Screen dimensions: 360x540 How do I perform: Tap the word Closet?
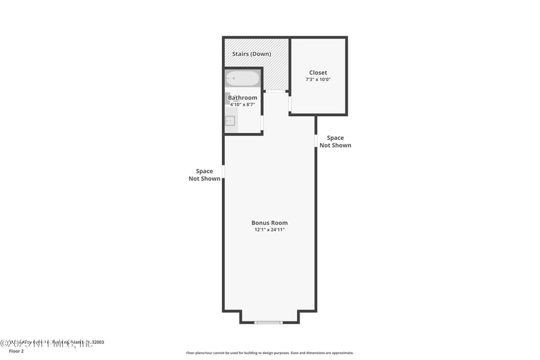coord(318,72)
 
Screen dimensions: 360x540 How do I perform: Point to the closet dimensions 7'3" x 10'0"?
coord(318,80)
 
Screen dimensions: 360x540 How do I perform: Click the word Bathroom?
coord(242,98)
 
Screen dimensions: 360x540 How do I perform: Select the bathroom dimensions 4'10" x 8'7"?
coord(242,105)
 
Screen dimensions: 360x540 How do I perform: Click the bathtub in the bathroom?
coord(242,78)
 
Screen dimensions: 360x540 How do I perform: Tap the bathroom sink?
coord(230,122)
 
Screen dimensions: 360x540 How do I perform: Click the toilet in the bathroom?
coord(228,99)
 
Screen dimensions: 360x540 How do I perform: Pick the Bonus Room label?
coord(269,223)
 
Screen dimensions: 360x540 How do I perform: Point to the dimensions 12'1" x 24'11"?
coord(269,230)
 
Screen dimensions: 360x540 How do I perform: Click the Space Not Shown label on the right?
coord(335,141)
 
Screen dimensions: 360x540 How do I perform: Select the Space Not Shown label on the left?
coord(204,175)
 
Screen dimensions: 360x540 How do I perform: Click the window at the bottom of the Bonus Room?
coord(268,322)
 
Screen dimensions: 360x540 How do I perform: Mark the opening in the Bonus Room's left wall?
coord(223,172)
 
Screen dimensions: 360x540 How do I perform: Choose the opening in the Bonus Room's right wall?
coord(315,140)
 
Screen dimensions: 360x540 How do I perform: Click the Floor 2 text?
coord(16,351)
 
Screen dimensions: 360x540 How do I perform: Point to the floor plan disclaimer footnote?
coord(269,353)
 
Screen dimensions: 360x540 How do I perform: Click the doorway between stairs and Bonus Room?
coord(275,91)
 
